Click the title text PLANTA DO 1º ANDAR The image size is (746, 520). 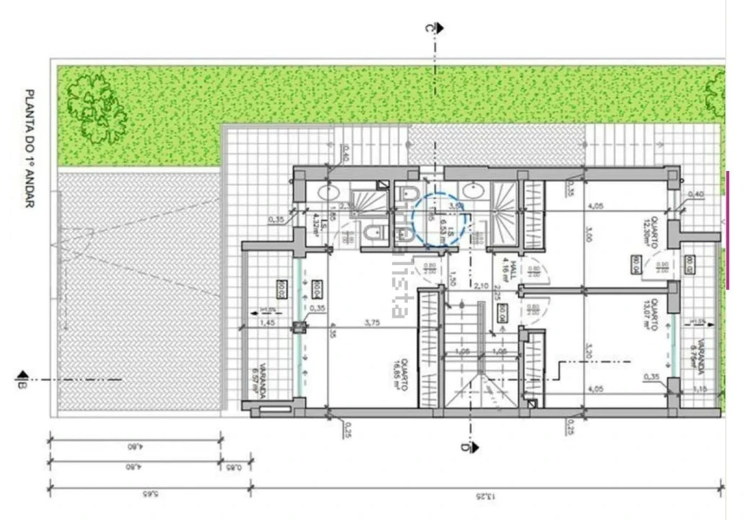point(30,148)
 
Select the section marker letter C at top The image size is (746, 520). point(430,28)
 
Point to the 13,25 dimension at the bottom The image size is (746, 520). point(487,495)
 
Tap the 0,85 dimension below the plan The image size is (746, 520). point(235,466)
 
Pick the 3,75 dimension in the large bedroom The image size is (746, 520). point(372,322)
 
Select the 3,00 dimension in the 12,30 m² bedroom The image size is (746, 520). point(588,235)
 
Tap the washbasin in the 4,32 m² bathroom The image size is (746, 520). point(329,194)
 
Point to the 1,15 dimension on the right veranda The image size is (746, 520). point(701,389)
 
